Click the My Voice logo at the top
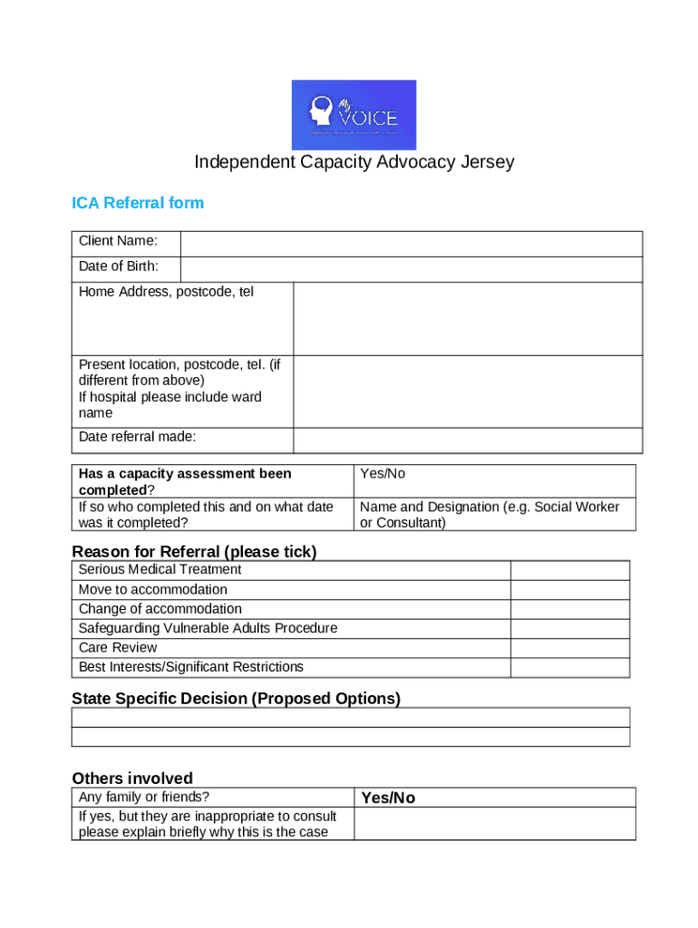point(354,114)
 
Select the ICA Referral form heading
point(138,203)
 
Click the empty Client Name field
point(411,244)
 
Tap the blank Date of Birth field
point(411,269)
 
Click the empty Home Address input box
point(467,318)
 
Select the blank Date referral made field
point(467,440)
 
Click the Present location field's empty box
point(467,391)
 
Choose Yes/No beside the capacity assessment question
point(383,474)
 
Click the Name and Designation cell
point(490,515)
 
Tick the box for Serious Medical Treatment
point(569,570)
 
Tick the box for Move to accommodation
point(569,590)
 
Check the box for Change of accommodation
point(569,609)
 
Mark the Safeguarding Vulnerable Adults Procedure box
point(569,629)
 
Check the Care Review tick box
point(569,648)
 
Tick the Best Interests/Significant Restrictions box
point(569,668)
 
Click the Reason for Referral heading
point(194,552)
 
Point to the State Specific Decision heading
point(236,699)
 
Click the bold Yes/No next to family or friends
point(388,798)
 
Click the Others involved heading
point(132,778)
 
